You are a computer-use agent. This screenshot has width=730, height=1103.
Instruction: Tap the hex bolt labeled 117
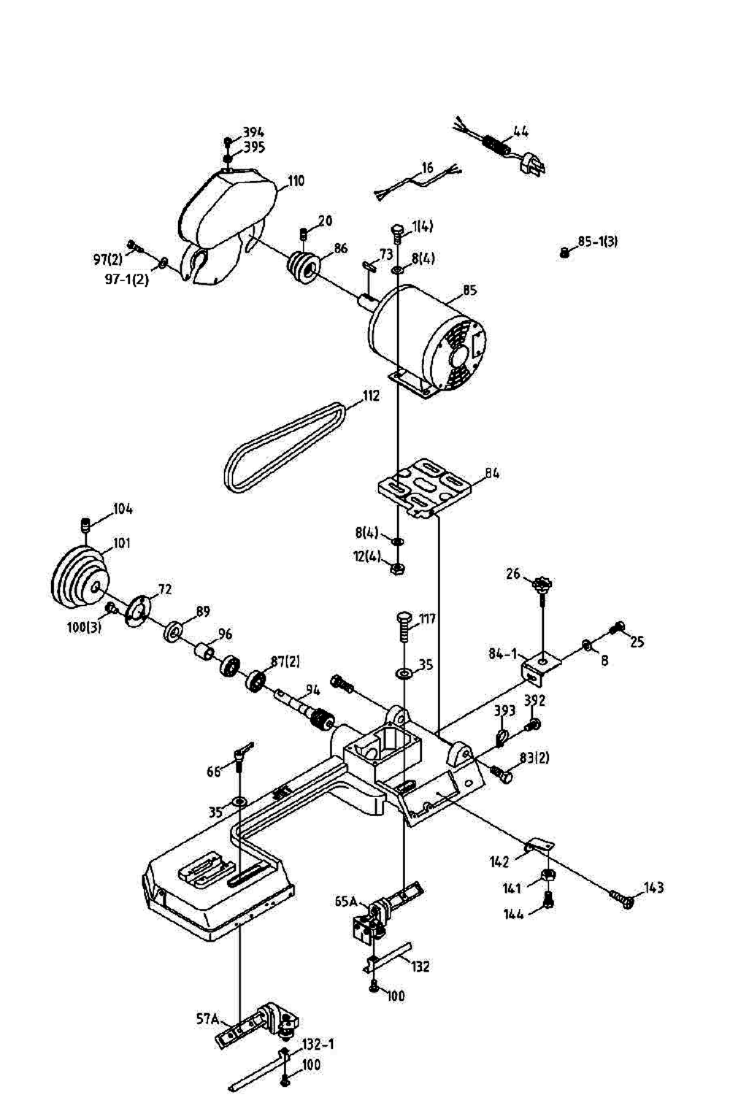(404, 626)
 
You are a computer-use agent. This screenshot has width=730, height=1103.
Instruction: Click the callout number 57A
(207, 1018)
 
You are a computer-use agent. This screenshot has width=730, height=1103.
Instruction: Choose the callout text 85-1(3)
(597, 242)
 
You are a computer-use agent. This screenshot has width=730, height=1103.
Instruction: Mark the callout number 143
(653, 888)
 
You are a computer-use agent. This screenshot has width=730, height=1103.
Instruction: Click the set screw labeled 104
(86, 525)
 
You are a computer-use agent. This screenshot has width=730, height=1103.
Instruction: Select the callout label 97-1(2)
(126, 280)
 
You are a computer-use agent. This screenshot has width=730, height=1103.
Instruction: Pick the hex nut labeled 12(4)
(398, 569)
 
